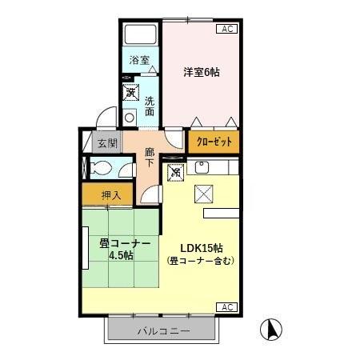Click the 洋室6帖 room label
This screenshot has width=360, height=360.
tap(202, 72)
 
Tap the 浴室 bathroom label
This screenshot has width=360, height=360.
tap(141, 59)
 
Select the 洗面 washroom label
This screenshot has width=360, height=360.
tap(150, 106)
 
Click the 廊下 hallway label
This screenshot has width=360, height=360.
tap(150, 156)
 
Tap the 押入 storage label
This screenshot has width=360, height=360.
tap(111, 194)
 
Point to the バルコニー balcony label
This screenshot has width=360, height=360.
tap(162, 330)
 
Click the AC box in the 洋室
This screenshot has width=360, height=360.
tap(226, 29)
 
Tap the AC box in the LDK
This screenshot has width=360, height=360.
tap(226, 307)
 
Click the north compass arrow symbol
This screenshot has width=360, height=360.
tap(273, 328)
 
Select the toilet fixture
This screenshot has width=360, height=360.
tap(103, 169)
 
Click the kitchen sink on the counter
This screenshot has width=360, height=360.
tap(202, 168)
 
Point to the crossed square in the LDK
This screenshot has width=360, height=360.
tap(203, 194)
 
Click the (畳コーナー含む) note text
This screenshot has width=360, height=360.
tap(200, 261)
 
